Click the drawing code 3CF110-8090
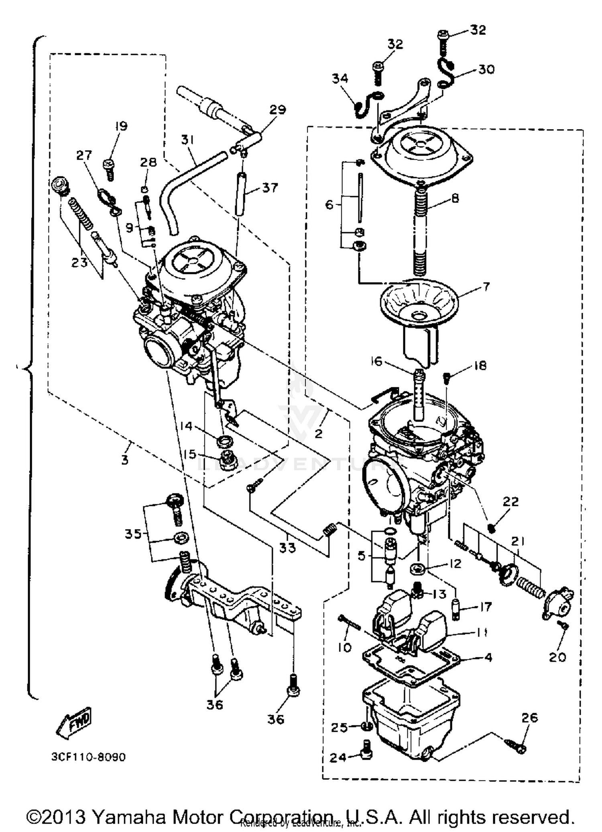point(88,757)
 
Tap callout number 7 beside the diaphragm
point(486,287)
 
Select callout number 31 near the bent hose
point(187,140)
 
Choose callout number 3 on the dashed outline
point(125,460)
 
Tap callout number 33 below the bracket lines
point(287,548)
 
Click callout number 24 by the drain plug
point(338,758)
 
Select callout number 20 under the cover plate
point(557,657)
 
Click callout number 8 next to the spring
point(455,198)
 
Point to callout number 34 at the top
point(340,79)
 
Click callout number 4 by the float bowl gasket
point(488,658)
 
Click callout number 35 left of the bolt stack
point(133,534)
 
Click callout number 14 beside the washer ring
point(186,426)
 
